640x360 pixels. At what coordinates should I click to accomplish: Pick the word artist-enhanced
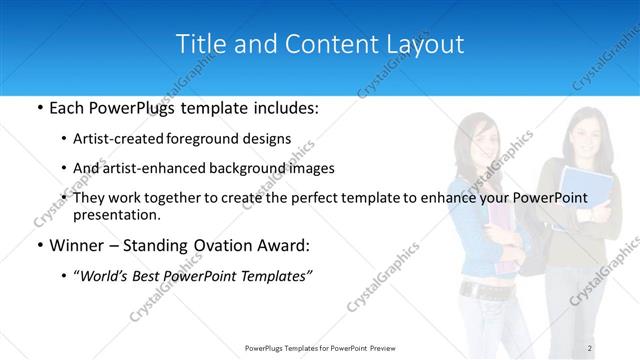coord(150,169)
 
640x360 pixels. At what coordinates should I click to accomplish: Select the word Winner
coord(74,246)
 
